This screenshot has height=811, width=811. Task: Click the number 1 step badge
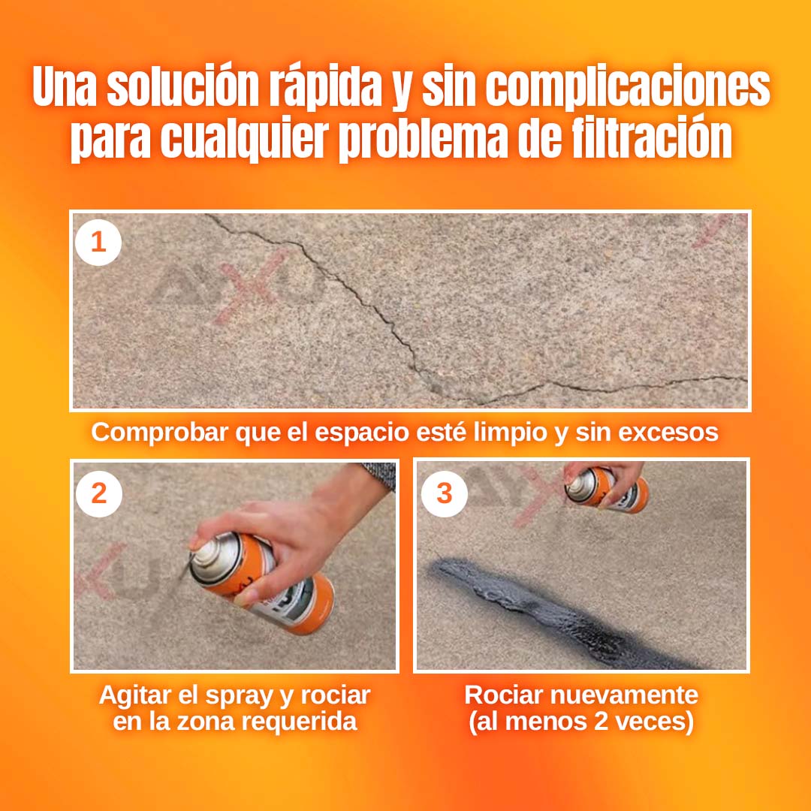pyautogui.click(x=98, y=243)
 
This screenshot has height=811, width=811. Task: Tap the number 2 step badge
pyautogui.click(x=99, y=494)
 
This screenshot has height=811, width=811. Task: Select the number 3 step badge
pyautogui.click(x=445, y=494)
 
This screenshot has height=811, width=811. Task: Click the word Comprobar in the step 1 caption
pyautogui.click(x=159, y=433)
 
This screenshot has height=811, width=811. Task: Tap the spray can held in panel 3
pyautogui.click(x=606, y=490)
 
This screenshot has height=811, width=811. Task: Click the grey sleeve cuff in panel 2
pyautogui.click(x=380, y=475)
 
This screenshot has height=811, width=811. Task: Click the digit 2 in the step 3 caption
pyautogui.click(x=601, y=722)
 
